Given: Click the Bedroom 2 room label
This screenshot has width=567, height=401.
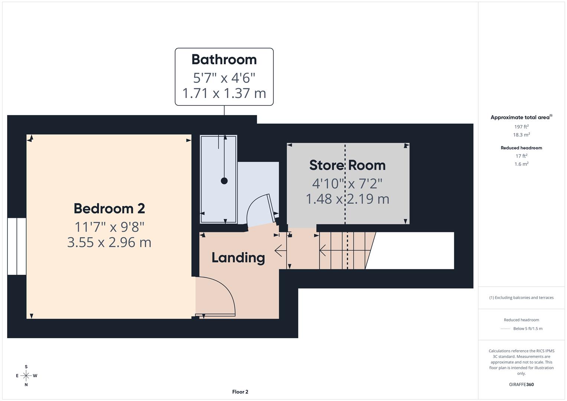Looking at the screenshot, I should [x=109, y=209].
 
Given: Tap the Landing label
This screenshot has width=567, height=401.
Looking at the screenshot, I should [x=238, y=258].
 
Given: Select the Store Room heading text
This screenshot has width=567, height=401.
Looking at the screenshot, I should [x=347, y=165].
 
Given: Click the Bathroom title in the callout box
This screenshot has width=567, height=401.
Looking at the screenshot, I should [x=224, y=59].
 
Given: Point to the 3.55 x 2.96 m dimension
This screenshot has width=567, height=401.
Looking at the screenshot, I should [x=109, y=242].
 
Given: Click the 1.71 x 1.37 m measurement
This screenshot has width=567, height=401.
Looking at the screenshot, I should [x=224, y=93].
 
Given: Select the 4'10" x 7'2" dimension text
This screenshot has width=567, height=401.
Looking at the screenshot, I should [x=347, y=183].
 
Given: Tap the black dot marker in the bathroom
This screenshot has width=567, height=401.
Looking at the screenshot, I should [x=224, y=181].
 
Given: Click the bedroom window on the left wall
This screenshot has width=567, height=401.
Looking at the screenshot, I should [x=17, y=246].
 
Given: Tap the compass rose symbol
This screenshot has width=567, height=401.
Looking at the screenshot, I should [x=26, y=376].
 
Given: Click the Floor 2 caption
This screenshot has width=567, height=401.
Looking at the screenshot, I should [x=240, y=392].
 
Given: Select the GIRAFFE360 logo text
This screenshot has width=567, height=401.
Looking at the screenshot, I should [x=521, y=384].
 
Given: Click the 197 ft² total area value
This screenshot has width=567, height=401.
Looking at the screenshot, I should [x=521, y=127].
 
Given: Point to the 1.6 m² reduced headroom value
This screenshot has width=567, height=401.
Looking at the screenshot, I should [x=521, y=164].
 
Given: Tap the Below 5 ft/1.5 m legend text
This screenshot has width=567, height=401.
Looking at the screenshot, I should [x=528, y=329].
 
